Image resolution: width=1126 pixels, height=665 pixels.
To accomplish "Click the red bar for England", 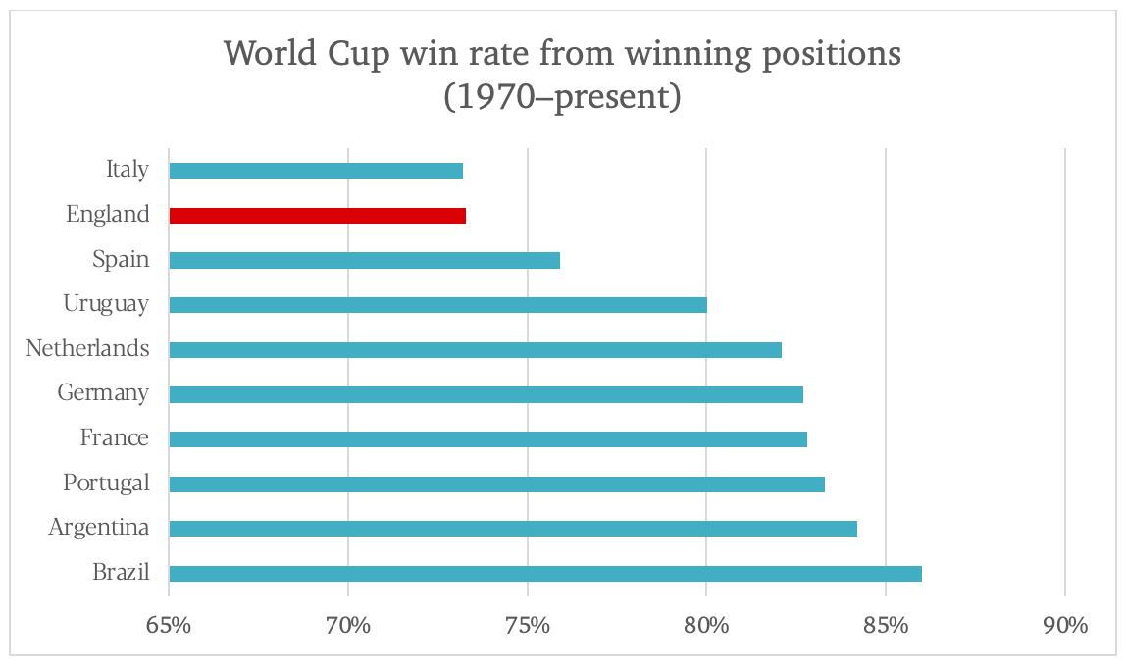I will [x=317, y=216].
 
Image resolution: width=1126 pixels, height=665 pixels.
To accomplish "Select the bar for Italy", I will [x=316, y=171].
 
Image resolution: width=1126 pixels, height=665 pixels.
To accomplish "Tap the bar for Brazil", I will [x=545, y=574].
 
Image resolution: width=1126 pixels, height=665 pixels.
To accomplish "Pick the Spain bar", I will [x=364, y=260].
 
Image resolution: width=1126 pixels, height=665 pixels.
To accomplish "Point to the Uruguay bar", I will [x=437, y=305].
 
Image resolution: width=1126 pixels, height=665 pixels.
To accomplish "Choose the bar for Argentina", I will [x=513, y=529].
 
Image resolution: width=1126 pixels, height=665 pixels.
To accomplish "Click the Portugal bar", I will [x=496, y=484].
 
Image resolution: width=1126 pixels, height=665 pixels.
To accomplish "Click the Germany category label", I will [x=103, y=393].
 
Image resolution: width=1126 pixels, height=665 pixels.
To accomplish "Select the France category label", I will [x=115, y=438].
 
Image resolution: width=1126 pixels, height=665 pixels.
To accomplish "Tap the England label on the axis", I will [x=108, y=215].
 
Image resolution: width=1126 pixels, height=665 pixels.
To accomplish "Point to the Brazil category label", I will [x=121, y=573].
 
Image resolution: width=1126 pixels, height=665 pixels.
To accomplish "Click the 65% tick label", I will [x=169, y=625].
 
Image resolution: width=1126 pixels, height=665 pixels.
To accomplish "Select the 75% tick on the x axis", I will [x=528, y=625].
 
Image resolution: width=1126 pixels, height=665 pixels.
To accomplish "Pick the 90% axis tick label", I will [x=1065, y=625].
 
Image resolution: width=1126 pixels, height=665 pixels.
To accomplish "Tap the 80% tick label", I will [x=706, y=625].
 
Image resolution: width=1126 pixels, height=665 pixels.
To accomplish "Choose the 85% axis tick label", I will [x=886, y=625].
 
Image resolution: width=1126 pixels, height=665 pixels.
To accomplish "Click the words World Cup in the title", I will [x=313, y=54].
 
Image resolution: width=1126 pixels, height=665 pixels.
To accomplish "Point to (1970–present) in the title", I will [x=562, y=99].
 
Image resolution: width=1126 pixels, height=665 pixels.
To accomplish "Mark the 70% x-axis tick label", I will [x=348, y=625].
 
